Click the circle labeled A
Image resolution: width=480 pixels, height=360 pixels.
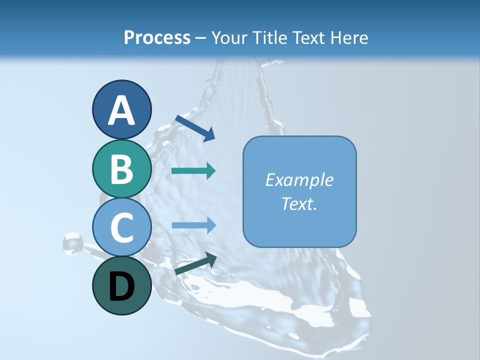point(121,109)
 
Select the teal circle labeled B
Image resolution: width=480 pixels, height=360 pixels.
point(121,168)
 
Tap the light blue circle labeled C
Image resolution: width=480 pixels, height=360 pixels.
point(121,227)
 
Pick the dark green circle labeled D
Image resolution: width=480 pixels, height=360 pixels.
point(121,285)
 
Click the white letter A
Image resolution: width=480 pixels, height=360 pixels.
point(121,110)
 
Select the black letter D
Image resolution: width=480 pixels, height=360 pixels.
point(121,286)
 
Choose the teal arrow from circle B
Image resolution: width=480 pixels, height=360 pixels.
point(193,171)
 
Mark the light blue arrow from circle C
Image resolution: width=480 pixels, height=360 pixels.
point(193,225)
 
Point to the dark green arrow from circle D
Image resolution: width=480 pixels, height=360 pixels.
point(195,263)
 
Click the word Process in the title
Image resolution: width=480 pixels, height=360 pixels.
point(157,37)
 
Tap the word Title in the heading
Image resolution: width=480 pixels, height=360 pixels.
point(271,37)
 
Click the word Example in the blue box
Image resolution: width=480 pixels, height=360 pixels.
point(299,180)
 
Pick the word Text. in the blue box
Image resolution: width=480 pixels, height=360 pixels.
point(299,204)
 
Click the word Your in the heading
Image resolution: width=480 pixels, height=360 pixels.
point(228,37)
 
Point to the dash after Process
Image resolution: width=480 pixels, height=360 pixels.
point(201,38)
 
